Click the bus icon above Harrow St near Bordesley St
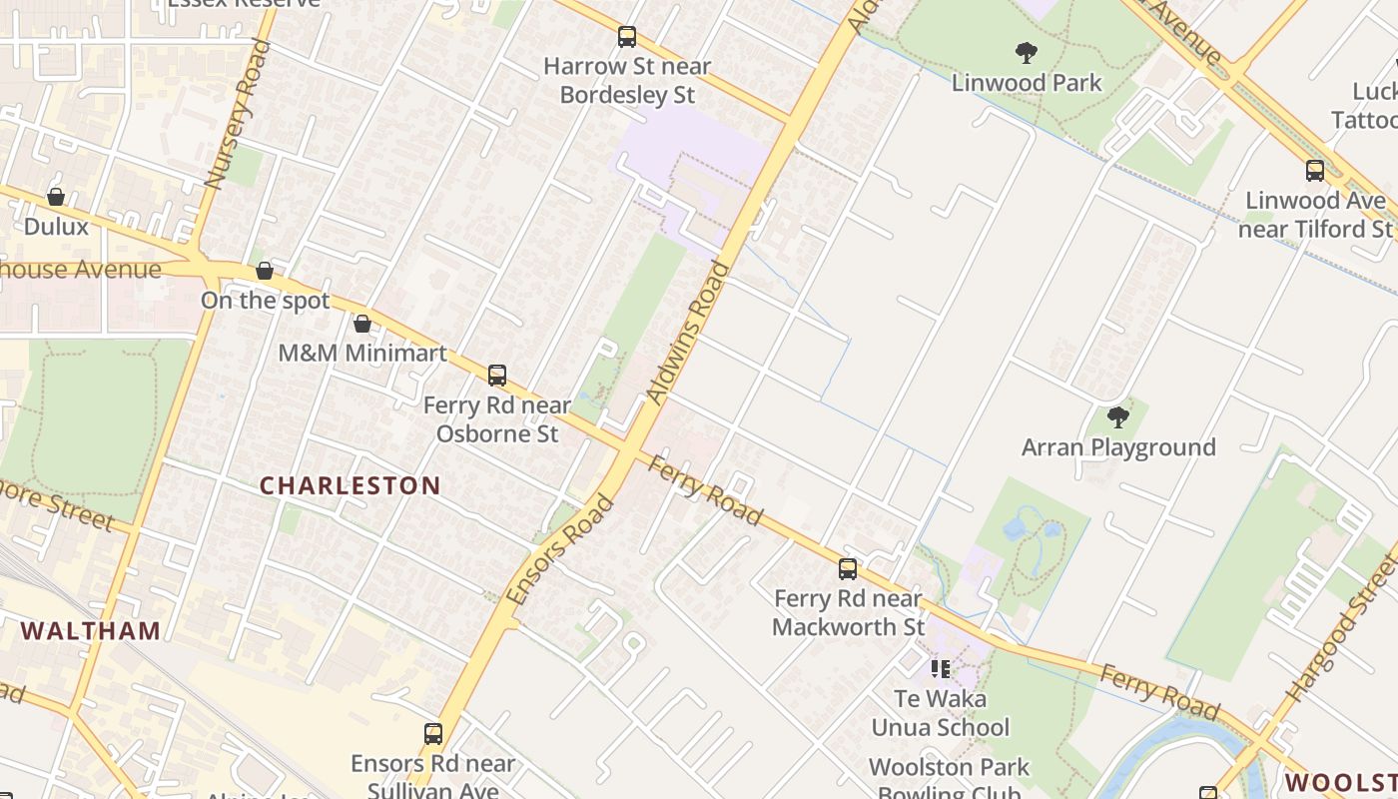[x=627, y=37]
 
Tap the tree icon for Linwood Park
[x=1026, y=53]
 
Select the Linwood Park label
[x=1027, y=82]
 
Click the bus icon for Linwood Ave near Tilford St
[x=1315, y=171]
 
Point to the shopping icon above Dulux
[x=56, y=197]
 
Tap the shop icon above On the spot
[x=265, y=271]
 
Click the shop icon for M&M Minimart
[x=362, y=324]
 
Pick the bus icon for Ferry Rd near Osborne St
[x=497, y=376]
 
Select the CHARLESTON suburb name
[x=350, y=486]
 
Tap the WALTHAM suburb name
[x=91, y=630]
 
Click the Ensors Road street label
[x=559, y=549]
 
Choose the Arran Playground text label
[x=1118, y=446]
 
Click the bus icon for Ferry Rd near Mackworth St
[x=848, y=569]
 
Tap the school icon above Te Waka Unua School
[x=940, y=668]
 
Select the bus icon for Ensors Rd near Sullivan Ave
[x=433, y=734]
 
